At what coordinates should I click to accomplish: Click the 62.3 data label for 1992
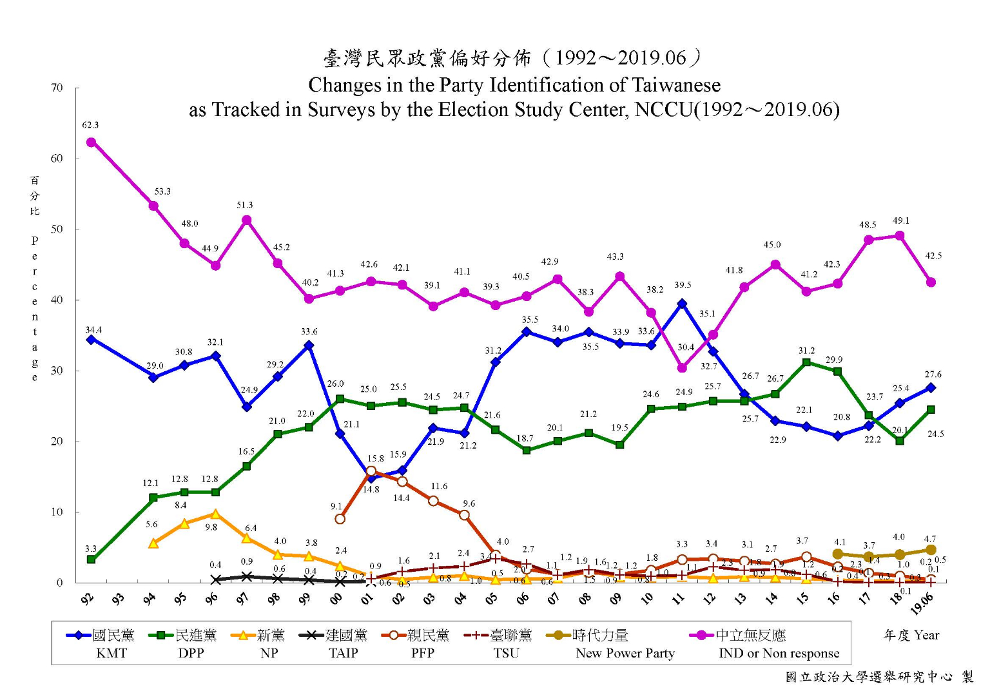pyautogui.click(x=90, y=125)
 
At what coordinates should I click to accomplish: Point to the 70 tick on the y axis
pyautogui.click(x=57, y=88)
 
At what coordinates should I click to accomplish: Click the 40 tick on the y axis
pyautogui.click(x=57, y=300)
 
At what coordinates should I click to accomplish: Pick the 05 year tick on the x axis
pyautogui.click(x=491, y=599)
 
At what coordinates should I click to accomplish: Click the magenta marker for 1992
pyautogui.click(x=91, y=142)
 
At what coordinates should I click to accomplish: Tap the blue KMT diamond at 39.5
pyautogui.click(x=682, y=304)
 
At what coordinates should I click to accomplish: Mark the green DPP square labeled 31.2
pyautogui.click(x=806, y=362)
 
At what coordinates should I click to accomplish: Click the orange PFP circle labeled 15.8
pyautogui.click(x=371, y=471)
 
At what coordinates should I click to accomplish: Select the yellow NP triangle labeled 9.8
pyautogui.click(x=215, y=514)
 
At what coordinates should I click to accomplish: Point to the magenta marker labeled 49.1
pyautogui.click(x=900, y=236)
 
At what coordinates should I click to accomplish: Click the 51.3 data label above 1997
pyautogui.click(x=245, y=205)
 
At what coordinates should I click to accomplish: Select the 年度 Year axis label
pyautogui.click(x=911, y=636)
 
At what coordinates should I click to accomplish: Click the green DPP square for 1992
pyautogui.click(x=92, y=559)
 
